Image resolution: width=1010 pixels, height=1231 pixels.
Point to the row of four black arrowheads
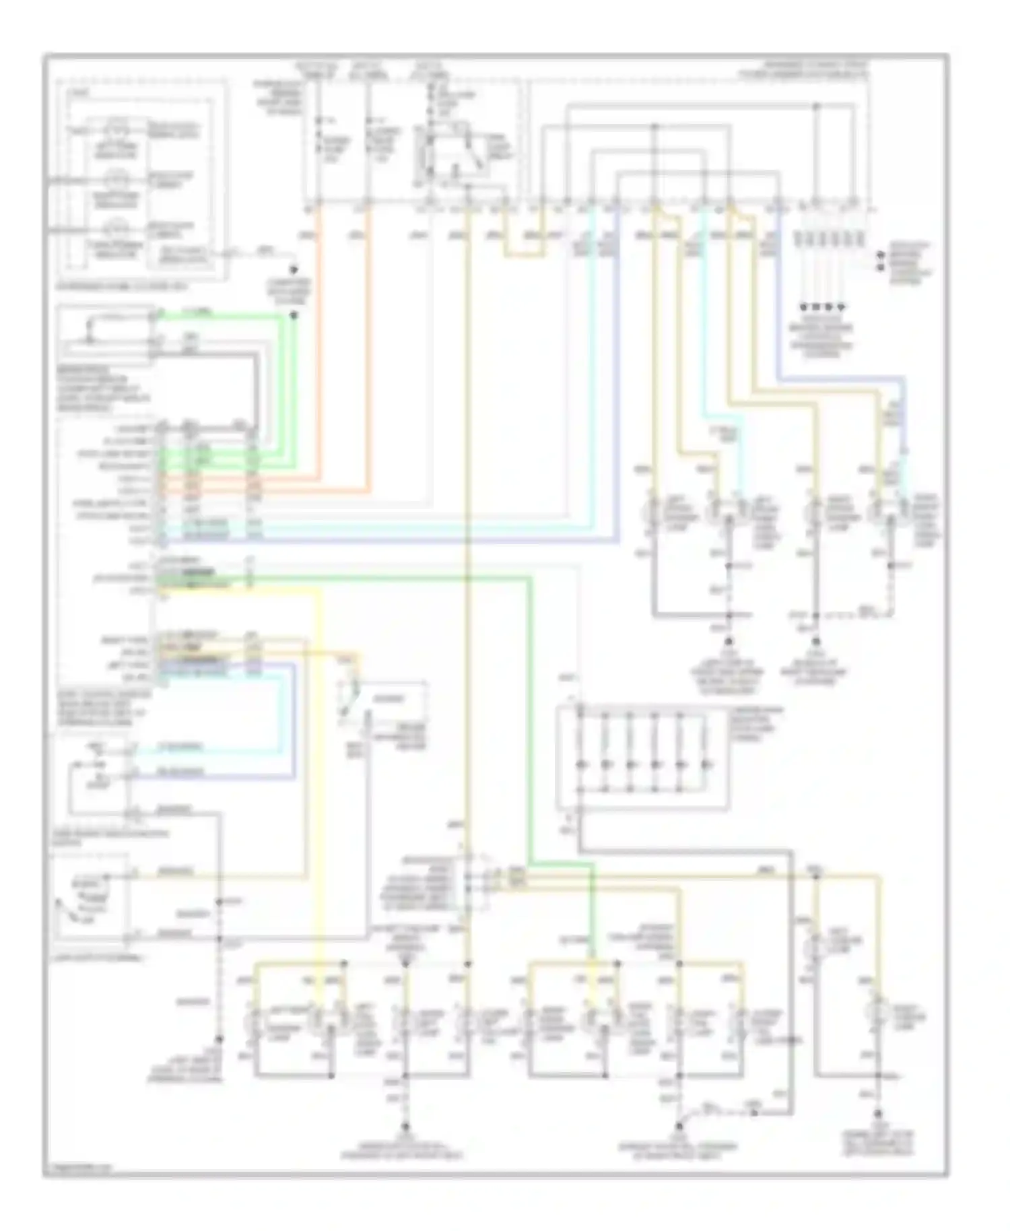[823, 306]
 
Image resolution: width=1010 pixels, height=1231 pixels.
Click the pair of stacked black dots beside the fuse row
[881, 262]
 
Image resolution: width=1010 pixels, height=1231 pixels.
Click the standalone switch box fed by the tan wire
[384, 704]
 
